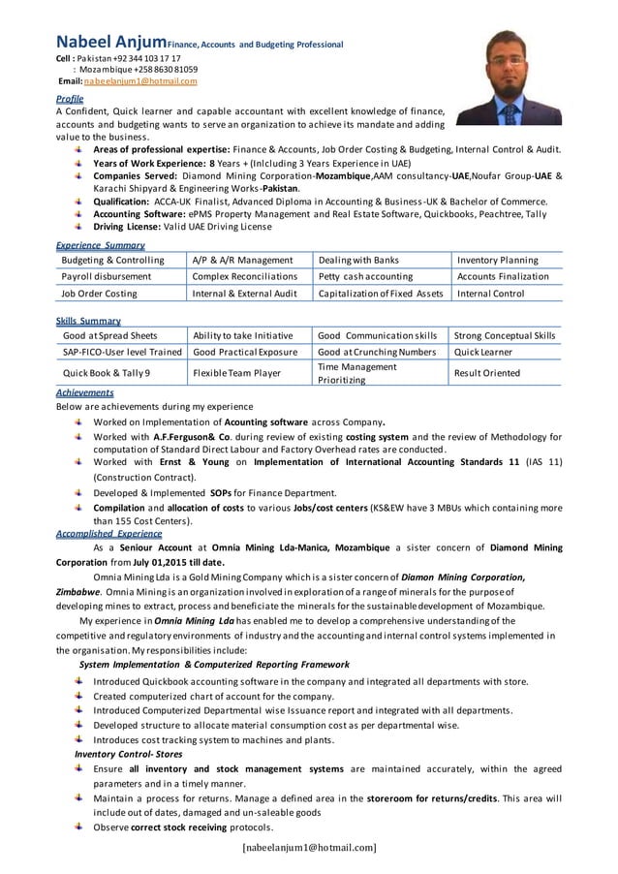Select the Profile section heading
click(x=70, y=99)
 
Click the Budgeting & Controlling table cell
click(x=112, y=260)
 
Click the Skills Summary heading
click(x=88, y=320)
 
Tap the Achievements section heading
click(x=85, y=392)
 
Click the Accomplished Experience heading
click(x=109, y=533)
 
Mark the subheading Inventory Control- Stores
click(x=130, y=754)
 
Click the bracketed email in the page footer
click(x=308, y=849)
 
